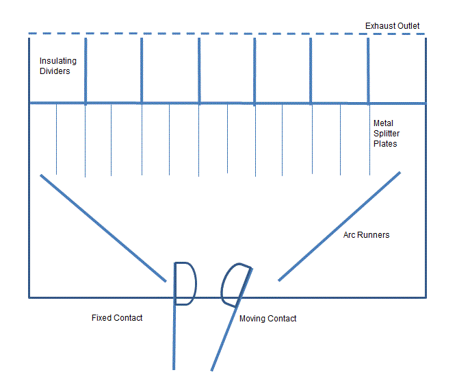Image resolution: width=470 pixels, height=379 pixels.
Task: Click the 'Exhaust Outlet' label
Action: [x=392, y=26]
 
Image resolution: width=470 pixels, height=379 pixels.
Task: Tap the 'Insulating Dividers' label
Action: [x=58, y=66]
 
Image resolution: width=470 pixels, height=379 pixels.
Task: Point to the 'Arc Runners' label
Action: [x=366, y=235]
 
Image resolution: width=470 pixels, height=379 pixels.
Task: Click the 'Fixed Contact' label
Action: [x=117, y=318]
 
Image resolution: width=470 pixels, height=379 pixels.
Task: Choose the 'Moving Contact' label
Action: [x=267, y=319]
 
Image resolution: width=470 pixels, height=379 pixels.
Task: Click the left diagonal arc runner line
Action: [x=103, y=228]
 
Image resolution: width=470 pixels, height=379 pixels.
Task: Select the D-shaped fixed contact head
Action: [x=185, y=283]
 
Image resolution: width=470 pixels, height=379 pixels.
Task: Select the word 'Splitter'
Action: [x=387, y=134]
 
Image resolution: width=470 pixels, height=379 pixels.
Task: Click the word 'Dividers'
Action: [x=55, y=71]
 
